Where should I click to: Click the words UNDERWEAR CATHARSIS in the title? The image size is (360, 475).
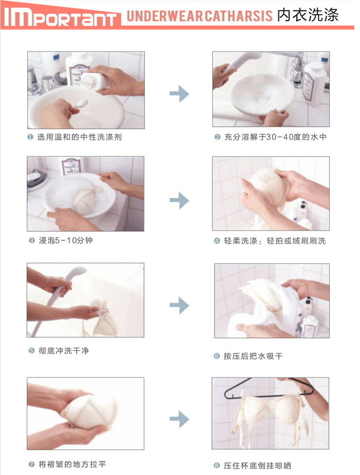[x=200, y=16]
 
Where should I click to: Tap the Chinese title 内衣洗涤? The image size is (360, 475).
[x=308, y=15]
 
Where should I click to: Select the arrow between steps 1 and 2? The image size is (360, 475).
[x=179, y=94]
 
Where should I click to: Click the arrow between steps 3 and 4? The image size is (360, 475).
[x=179, y=200]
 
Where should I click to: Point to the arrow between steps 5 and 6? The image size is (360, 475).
[x=179, y=305]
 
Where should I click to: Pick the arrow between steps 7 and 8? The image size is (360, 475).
[x=179, y=419]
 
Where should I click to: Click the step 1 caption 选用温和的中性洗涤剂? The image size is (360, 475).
[x=79, y=137]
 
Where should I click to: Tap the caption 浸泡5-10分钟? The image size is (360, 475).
[x=66, y=241]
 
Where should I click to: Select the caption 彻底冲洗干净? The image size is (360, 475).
[x=63, y=351]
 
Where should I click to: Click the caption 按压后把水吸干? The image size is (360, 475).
[x=253, y=356]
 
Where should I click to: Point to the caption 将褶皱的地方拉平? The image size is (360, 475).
[x=72, y=464]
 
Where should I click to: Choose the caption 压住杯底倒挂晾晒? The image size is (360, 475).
[x=257, y=465]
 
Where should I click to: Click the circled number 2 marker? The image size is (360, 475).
[x=217, y=137]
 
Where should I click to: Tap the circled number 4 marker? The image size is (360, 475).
[x=217, y=241]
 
